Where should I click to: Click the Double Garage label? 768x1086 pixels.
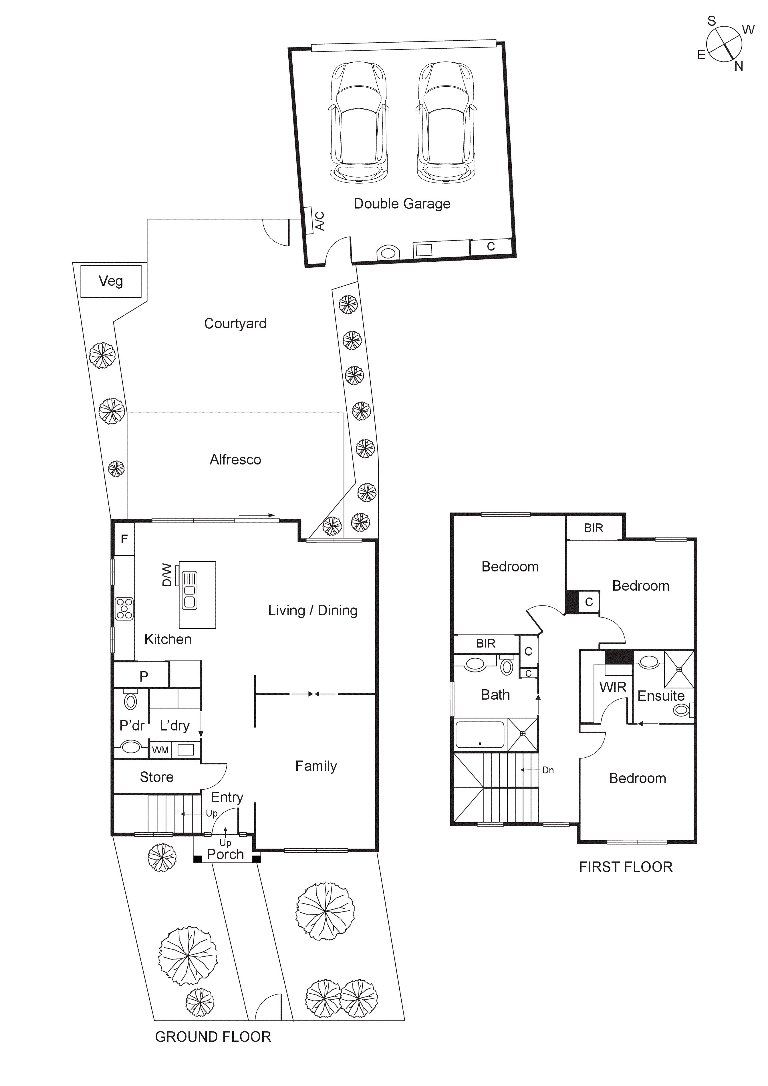[x=402, y=204]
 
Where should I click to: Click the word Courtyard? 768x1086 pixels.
[x=235, y=323]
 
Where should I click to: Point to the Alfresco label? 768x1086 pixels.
[x=235, y=460]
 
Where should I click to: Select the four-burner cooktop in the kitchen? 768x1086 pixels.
[x=125, y=609]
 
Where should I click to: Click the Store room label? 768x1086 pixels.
[x=156, y=777]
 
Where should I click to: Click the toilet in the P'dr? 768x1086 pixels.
[x=130, y=701]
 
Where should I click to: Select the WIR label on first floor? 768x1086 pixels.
[x=613, y=687]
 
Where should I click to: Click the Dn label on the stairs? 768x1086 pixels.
[x=548, y=770]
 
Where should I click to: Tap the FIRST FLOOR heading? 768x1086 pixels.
[x=626, y=867]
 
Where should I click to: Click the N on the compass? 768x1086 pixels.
[x=739, y=67]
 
